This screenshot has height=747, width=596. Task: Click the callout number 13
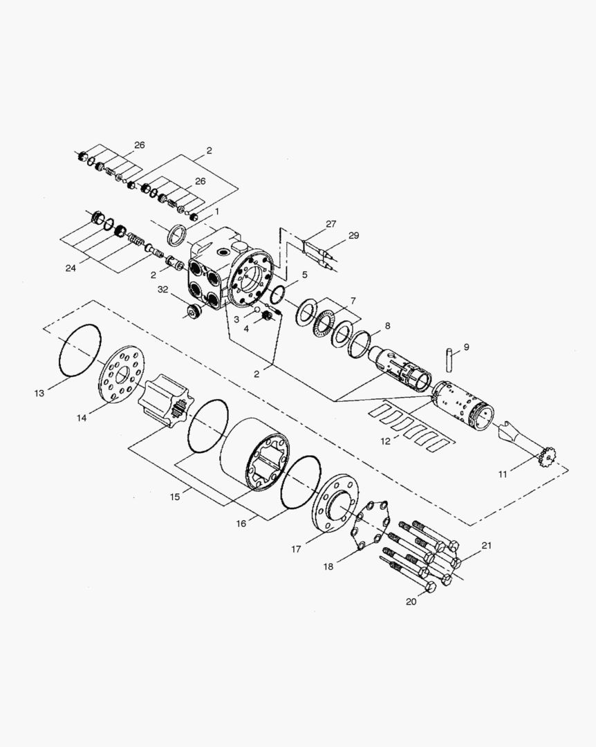point(39,393)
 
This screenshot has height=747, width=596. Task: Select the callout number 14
point(82,418)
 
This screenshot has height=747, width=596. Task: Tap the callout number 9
point(466,347)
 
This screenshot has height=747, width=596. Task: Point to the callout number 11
point(503,474)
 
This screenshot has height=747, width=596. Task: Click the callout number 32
point(163,289)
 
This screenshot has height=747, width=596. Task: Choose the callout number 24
point(71,268)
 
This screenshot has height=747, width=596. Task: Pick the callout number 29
point(353,235)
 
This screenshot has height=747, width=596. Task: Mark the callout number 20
point(411,602)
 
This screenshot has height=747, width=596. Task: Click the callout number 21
point(487,546)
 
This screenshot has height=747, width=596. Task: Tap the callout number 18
point(328,567)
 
